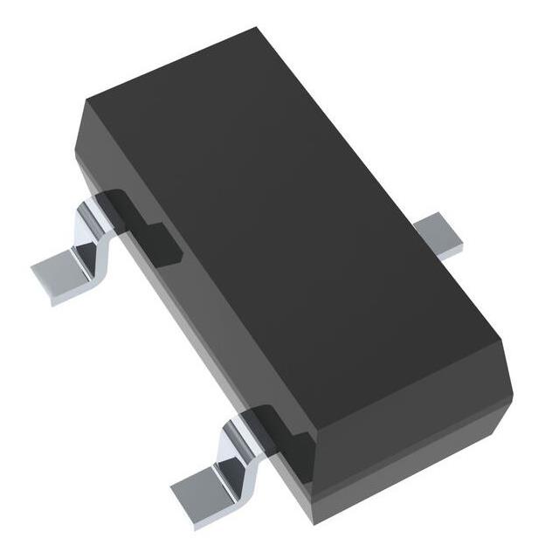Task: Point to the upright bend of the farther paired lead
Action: (x=94, y=225)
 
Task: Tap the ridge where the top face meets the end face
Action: (x=402, y=367)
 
